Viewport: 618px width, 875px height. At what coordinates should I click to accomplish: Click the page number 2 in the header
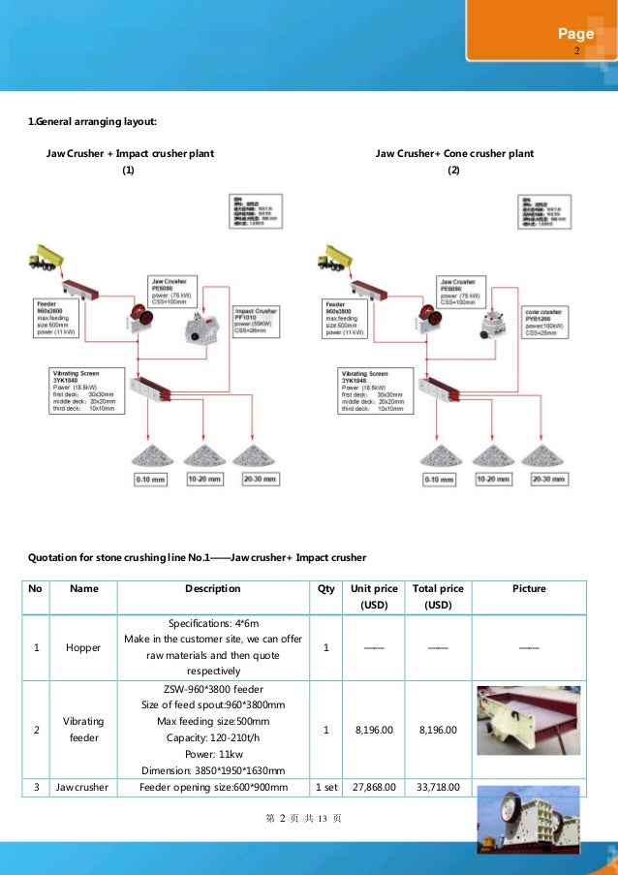pos(576,50)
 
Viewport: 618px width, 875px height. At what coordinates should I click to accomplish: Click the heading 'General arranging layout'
pos(91,121)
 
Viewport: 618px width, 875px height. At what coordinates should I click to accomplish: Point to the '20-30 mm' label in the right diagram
pos(548,479)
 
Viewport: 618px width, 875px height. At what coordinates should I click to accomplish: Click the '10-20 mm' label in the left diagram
pos(203,479)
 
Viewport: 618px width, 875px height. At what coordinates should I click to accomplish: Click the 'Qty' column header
pos(325,588)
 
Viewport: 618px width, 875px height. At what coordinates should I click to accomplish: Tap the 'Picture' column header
pos(529,588)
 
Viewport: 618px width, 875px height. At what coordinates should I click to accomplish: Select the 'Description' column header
pos(212,588)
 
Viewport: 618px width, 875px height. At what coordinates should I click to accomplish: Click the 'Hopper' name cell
pos(83,648)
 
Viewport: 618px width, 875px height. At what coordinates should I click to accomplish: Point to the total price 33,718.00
pos(438,787)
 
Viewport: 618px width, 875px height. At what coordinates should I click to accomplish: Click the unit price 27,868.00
pos(373,787)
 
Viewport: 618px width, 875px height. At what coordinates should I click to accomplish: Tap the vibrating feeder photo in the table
pos(528,720)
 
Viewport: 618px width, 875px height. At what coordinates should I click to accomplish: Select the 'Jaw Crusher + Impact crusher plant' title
pos(130,154)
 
